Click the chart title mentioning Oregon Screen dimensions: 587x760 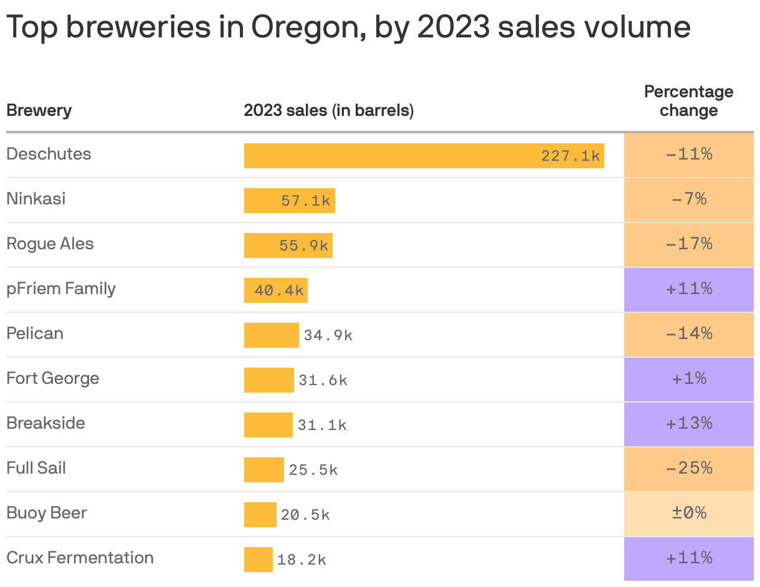348,27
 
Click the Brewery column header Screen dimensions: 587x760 39,111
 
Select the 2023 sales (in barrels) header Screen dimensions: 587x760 328,111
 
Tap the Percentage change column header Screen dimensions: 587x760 688,101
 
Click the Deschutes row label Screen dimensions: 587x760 49,154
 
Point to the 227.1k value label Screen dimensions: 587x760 570,156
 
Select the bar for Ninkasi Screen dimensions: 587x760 289,201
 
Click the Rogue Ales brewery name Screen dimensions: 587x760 50,244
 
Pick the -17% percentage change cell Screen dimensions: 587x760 688,244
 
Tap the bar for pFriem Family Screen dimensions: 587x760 275,290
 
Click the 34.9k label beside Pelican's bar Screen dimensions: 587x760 328,335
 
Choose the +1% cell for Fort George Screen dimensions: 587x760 688,379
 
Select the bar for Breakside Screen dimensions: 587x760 268,425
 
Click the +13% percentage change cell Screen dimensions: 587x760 688,424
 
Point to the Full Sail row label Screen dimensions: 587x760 36,468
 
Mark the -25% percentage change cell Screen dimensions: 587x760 688,469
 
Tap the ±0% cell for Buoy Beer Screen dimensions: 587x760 688,513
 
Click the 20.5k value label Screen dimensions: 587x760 305,515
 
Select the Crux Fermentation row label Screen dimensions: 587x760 80,558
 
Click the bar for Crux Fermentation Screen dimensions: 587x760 258,560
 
